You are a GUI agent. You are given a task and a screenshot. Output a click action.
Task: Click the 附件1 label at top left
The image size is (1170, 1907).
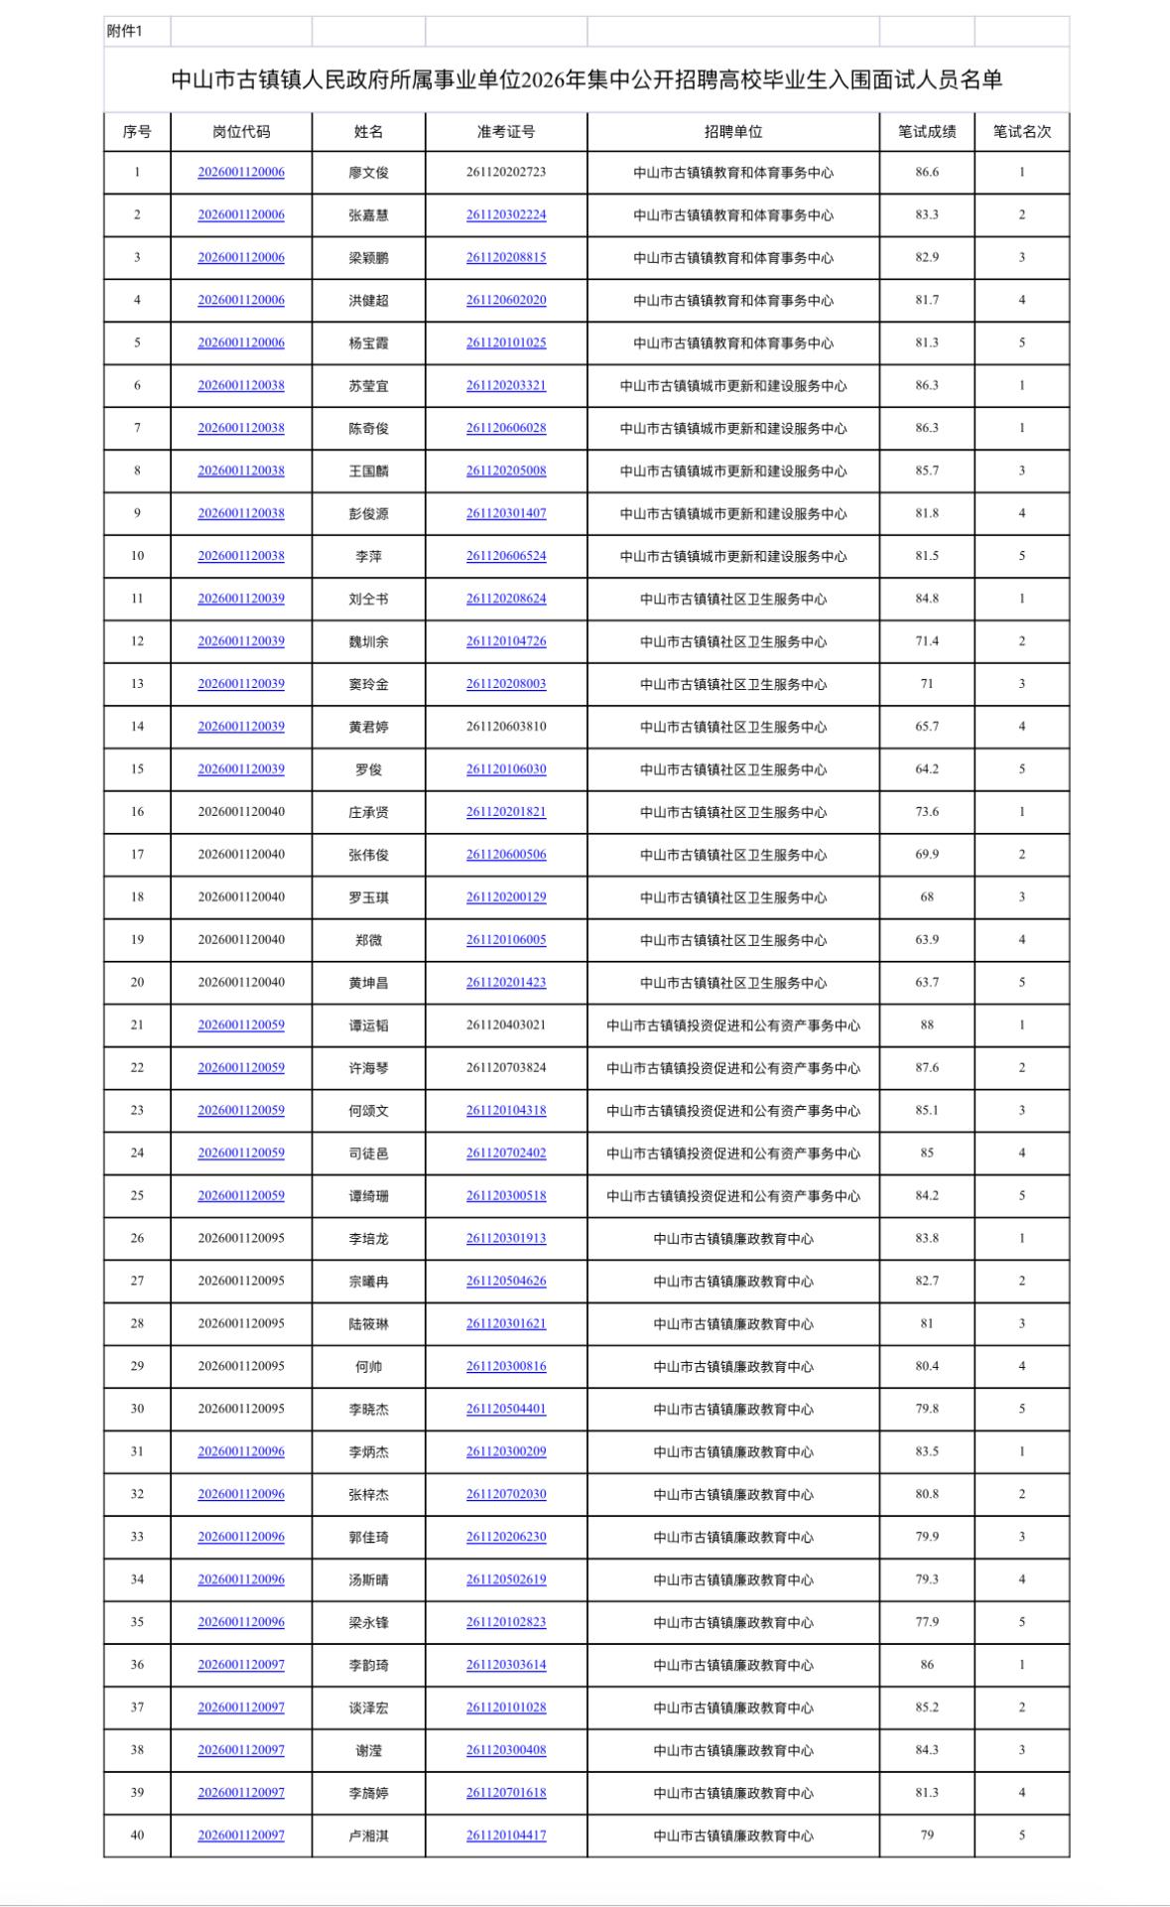point(125,32)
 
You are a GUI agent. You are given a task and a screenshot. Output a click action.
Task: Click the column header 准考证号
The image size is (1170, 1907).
point(506,132)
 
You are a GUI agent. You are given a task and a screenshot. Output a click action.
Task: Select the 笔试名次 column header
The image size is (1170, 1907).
point(1021,132)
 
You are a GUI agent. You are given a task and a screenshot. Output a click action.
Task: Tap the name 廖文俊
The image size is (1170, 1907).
point(368,173)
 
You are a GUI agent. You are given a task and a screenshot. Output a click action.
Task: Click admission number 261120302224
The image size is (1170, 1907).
point(506,215)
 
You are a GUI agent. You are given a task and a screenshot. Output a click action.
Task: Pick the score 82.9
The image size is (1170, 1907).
point(927,258)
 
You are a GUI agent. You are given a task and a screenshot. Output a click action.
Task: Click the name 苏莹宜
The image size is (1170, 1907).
point(368,386)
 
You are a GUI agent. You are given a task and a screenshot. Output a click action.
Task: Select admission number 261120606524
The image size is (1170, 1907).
point(506,556)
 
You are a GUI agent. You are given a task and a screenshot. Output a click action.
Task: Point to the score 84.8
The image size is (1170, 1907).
point(927,599)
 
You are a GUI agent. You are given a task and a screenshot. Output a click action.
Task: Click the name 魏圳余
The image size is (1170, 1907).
point(368,641)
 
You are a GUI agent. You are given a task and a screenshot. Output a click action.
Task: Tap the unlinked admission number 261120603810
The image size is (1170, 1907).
point(506,727)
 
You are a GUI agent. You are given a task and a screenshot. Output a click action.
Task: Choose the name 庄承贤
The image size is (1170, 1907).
point(368,812)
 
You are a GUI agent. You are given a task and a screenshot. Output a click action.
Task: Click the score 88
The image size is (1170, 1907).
point(927,1025)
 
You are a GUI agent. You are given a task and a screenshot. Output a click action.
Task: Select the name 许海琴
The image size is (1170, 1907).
point(368,1068)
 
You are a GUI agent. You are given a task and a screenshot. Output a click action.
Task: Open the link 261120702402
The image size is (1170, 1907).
point(506,1154)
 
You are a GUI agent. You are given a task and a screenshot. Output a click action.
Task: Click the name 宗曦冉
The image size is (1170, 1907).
point(368,1282)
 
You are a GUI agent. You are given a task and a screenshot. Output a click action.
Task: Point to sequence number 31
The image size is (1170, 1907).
point(137,1451)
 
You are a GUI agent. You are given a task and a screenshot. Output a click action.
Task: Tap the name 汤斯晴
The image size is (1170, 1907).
point(368,1579)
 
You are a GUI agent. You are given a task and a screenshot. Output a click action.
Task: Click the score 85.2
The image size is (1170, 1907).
point(927,1707)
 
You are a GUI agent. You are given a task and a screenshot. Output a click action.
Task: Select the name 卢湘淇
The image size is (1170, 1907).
point(368,1836)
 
